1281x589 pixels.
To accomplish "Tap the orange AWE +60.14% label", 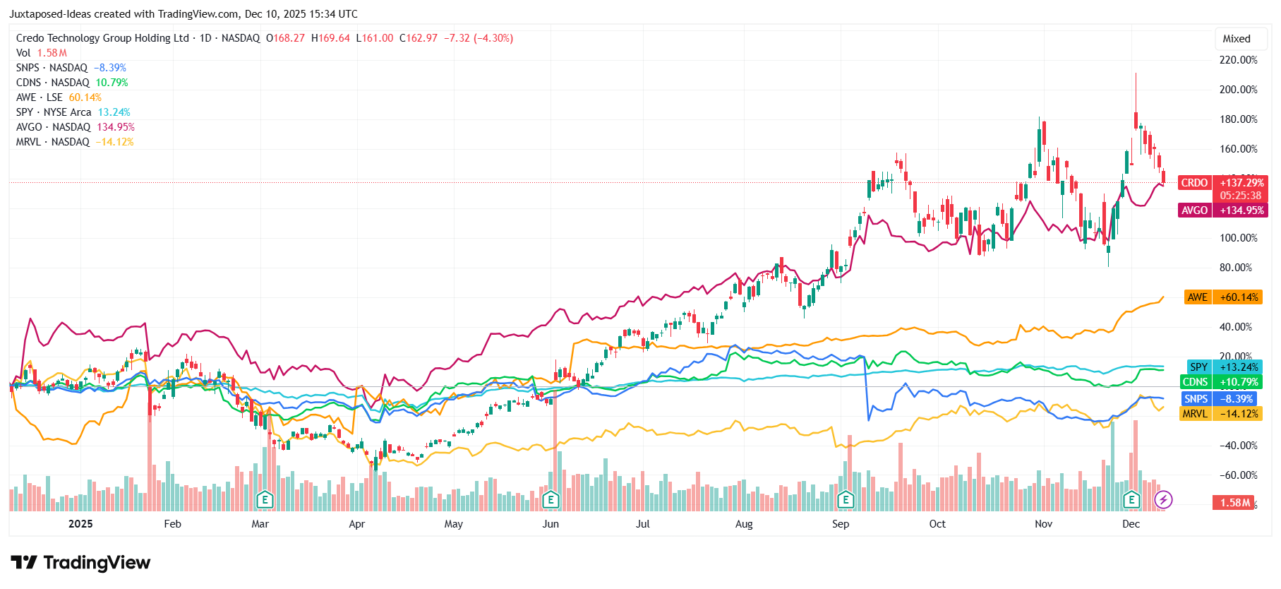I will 1222,297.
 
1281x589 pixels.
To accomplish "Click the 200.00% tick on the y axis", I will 1238,90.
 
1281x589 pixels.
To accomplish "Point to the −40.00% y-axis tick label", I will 1238,446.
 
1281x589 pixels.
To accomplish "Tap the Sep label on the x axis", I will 840,524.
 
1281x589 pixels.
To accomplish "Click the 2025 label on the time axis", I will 80,524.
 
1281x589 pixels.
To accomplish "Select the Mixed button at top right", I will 1236,39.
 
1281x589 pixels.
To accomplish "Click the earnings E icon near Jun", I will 551,500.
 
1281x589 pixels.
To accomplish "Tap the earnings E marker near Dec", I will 1131,500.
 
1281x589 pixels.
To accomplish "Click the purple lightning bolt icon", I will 1163,500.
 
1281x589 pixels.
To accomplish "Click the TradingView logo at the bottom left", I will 80,563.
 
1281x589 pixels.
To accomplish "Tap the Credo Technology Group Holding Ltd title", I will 102,38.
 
